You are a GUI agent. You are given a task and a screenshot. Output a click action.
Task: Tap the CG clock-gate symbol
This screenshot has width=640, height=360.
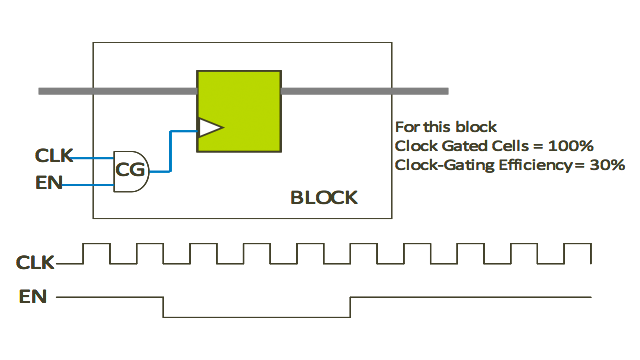[131, 171]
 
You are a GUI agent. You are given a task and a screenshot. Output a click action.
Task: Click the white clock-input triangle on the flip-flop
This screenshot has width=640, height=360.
[210, 127]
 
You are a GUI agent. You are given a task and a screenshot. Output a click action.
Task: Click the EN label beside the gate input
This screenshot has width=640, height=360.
[49, 181]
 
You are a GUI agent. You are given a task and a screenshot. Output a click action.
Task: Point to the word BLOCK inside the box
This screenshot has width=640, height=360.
[323, 197]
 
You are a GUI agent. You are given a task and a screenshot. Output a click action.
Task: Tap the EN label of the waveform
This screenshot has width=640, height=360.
[32, 296]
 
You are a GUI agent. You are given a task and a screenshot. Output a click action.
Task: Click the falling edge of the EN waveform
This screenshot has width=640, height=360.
[163, 307]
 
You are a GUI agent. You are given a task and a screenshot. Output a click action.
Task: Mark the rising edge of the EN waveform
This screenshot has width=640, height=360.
[350, 307]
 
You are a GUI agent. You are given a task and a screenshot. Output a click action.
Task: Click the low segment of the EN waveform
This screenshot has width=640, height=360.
[256, 317]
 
